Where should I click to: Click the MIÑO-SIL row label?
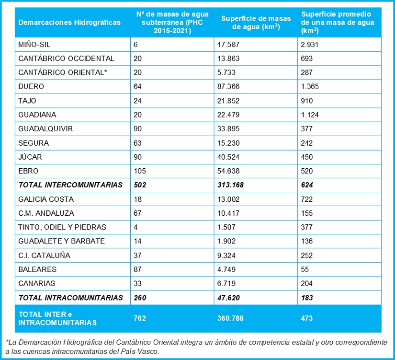pos(34,45)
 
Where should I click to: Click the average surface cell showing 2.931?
pos(310,45)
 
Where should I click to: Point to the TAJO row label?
pos(27,101)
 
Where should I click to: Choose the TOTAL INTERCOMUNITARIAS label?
pos(70,185)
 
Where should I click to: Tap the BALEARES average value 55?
pos(306,269)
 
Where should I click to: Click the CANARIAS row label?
pos(37,283)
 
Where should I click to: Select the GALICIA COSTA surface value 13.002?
pos(228,199)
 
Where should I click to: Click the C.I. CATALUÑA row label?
pos(44,255)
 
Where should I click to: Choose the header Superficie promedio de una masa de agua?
pos(338,23)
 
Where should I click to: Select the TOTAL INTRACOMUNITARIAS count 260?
pos(140,298)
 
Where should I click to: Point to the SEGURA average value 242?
pos(307,143)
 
